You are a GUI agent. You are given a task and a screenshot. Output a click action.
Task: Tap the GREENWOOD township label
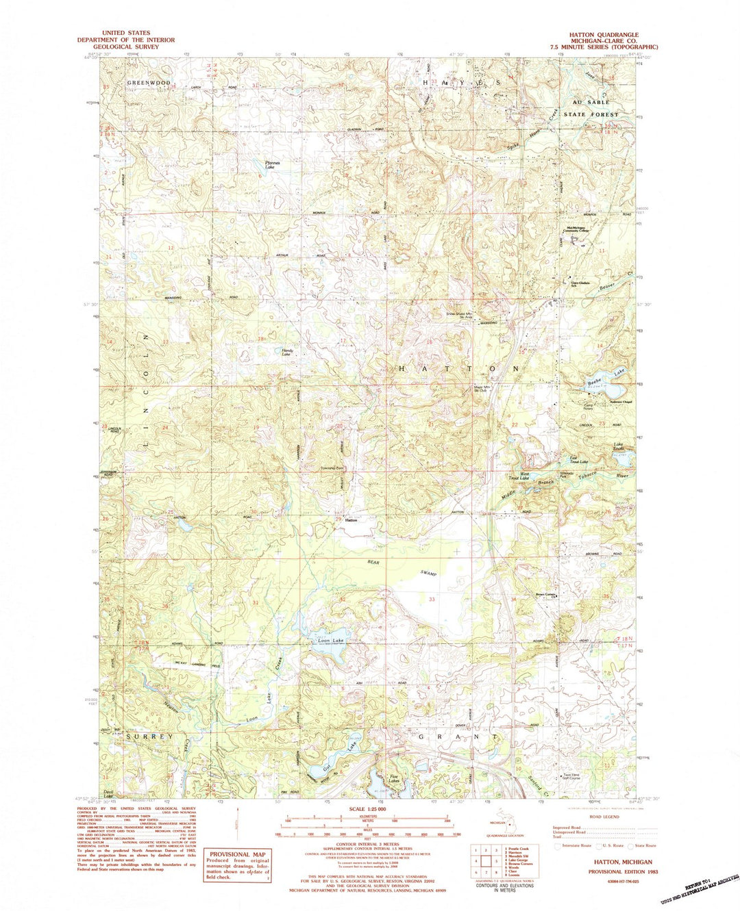tap(148, 83)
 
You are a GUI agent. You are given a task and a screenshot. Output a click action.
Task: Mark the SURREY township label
tap(149, 736)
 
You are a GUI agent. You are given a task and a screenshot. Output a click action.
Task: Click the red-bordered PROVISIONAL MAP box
tap(237, 864)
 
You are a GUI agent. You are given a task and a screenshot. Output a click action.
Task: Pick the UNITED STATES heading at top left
tap(126, 33)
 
